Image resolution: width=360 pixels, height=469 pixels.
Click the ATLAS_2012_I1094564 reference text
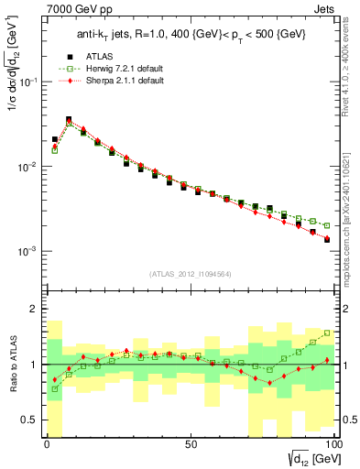pos(191,273)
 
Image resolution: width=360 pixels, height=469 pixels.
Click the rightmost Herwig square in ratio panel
pos(327,333)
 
